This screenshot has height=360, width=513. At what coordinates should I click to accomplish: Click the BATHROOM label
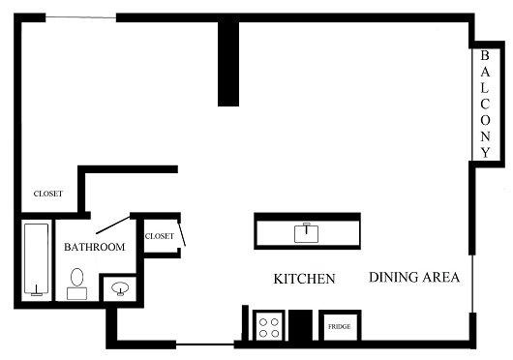pos(95,247)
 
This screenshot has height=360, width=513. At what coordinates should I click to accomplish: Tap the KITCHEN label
pos(304,279)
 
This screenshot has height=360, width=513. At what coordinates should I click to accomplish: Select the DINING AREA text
pos(414,278)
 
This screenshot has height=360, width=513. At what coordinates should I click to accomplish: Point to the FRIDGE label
pos(340,327)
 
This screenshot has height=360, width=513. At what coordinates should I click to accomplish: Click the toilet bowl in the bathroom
pos(76,278)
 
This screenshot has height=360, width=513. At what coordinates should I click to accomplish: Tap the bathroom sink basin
pos(120,288)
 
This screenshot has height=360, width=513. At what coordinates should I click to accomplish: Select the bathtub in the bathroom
pos(37,259)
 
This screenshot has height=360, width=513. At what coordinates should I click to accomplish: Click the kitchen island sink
pos(306,233)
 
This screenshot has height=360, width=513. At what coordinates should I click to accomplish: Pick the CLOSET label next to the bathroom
pos(160,236)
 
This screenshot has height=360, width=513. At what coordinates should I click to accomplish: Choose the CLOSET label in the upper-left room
pos(48,194)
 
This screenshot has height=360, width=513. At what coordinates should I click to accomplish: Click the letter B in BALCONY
pos(485,55)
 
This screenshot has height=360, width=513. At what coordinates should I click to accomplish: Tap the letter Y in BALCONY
pos(486,152)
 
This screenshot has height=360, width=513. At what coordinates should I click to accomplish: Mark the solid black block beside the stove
pos(300,325)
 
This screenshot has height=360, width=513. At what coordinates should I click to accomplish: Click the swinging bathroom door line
pos(113,225)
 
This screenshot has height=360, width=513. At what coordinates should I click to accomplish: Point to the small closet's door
pos(182,233)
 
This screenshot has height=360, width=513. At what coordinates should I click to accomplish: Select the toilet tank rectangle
pos(76,293)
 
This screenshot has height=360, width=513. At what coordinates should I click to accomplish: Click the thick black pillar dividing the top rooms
pos(228,64)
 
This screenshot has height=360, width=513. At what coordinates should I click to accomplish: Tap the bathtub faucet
pos(37,291)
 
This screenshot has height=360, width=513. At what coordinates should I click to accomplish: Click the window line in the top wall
pos(80,16)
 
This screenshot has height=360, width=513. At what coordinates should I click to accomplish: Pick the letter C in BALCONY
pos(485,105)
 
